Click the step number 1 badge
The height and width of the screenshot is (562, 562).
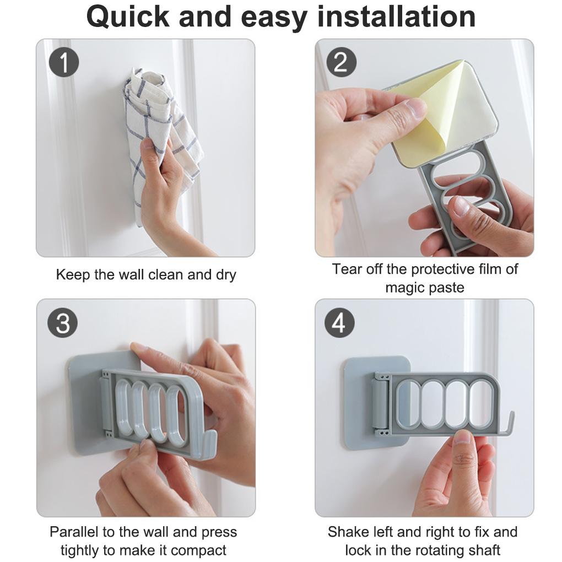[x=64, y=63]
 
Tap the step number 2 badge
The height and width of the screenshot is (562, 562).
[x=341, y=62]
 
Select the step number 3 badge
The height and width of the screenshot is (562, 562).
[x=63, y=323]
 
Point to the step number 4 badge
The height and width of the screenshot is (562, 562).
[x=339, y=323]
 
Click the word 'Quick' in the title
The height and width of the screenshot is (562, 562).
[x=128, y=17]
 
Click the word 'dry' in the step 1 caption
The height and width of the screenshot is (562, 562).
[x=226, y=275]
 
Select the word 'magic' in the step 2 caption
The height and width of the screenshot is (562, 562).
[x=404, y=288]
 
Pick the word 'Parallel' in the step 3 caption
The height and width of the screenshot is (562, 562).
[x=73, y=532]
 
